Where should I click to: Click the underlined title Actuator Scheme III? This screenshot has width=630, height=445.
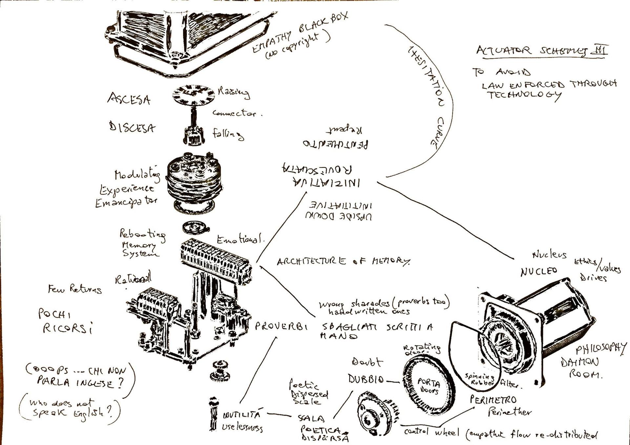(541, 51)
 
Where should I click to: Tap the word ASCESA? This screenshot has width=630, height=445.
(129, 99)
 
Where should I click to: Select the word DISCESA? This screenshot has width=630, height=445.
(132, 127)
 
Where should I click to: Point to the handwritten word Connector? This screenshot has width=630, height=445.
(237, 113)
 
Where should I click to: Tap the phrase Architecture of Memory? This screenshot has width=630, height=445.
(343, 261)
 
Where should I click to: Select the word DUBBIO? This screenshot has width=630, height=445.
(366, 379)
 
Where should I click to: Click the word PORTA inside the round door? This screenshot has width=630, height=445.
(428, 382)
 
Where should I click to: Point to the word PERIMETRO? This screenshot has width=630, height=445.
(493, 400)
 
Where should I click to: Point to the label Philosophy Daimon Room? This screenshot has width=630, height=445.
(591, 361)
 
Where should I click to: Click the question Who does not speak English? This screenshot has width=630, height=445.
(71, 408)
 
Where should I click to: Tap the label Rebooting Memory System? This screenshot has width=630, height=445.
(141, 243)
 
